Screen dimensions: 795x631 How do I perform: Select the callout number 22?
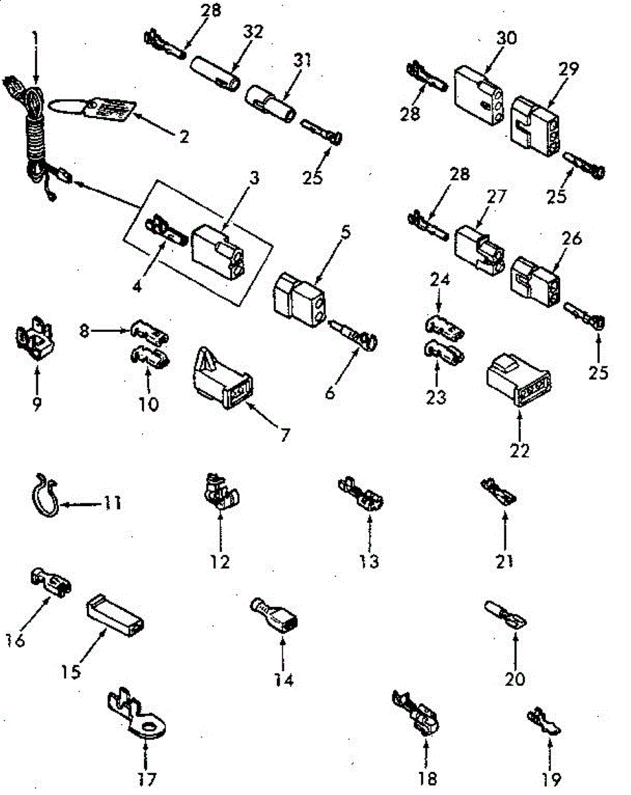520,450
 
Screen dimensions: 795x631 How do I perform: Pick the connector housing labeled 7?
223,378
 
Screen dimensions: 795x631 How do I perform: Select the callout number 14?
283,680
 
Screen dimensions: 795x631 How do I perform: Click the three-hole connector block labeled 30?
481,95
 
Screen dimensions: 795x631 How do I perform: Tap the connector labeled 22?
519,381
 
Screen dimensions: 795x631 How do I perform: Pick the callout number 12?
220,561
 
